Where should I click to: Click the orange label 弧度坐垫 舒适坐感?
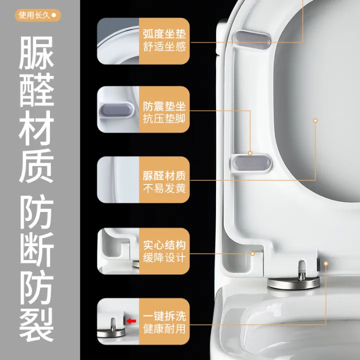(164, 41)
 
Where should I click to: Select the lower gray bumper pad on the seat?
(249, 162)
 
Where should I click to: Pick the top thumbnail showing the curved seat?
(118, 41)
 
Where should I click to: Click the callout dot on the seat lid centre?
(315, 120)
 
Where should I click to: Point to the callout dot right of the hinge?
(325, 261)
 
